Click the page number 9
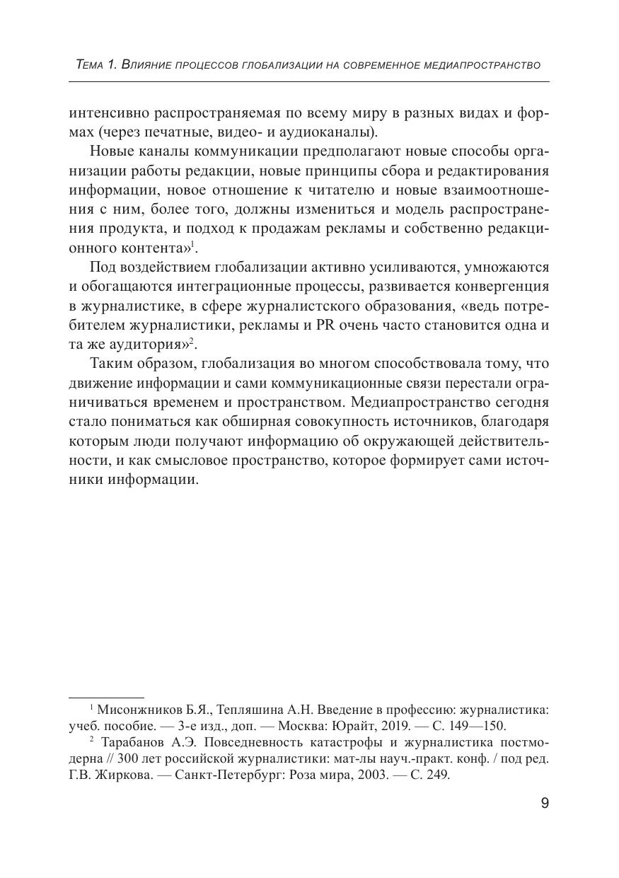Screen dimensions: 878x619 click(x=544, y=803)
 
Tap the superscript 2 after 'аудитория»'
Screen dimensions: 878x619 click(x=191, y=340)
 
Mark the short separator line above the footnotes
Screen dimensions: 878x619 click(x=106, y=698)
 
